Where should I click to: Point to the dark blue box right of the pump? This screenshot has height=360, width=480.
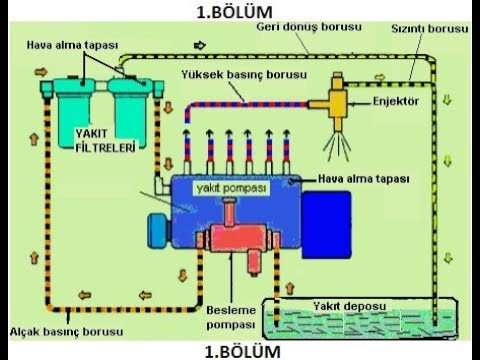coord(328,215)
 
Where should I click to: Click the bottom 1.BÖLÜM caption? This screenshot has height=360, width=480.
coord(237,351)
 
